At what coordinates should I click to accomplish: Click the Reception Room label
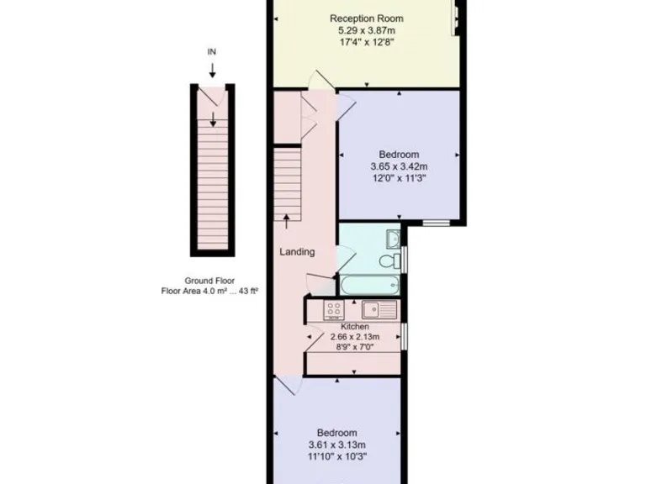point(366,18)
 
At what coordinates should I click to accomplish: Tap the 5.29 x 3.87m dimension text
point(366,30)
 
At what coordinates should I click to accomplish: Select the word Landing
point(297,251)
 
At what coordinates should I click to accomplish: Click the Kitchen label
point(354,326)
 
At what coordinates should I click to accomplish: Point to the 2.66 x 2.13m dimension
point(354,337)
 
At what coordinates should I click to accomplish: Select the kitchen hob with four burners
point(333,309)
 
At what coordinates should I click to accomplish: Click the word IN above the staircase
point(212,52)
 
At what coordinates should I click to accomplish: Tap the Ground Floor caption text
point(209,281)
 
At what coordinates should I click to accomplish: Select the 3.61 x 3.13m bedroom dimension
point(337,445)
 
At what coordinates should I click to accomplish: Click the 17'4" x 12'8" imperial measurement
point(366,42)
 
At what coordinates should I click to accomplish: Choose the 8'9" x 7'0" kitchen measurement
point(354,347)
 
